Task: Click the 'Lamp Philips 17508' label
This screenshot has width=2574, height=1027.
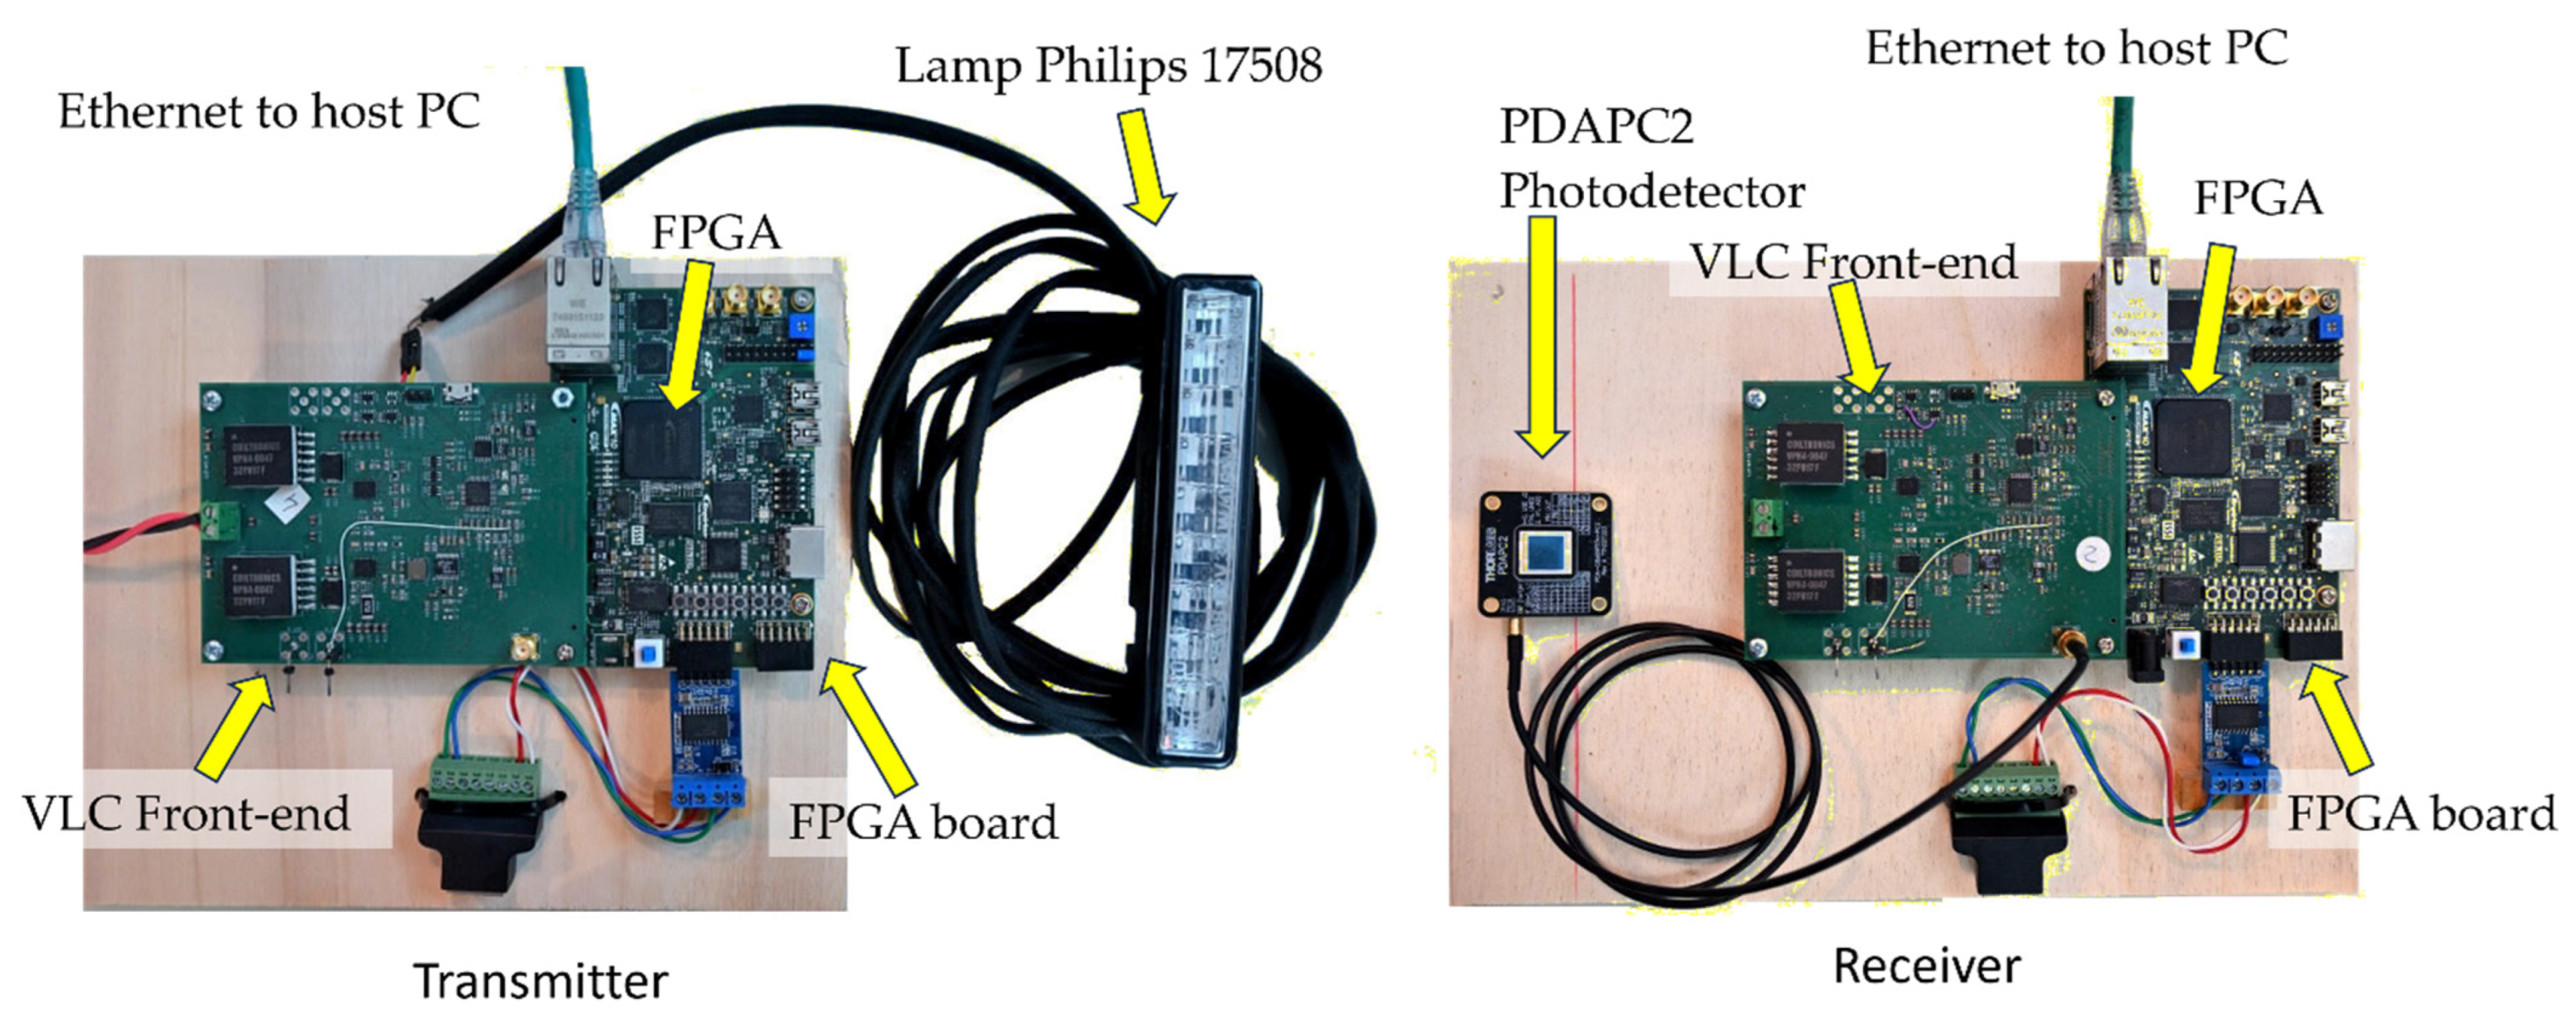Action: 1108,66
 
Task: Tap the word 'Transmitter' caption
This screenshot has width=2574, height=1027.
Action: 541,980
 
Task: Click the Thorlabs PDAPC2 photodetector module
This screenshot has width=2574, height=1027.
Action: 1545,555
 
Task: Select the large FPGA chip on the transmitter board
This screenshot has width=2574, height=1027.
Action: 661,439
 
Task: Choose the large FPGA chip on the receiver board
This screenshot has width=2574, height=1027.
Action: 2193,435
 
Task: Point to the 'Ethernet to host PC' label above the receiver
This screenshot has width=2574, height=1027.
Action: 2076,48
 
